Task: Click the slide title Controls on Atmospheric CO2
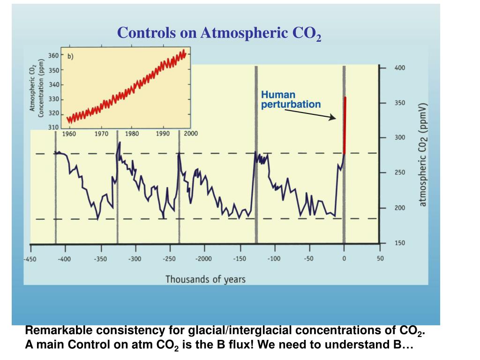coord(219,33)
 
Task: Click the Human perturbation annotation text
coord(291,99)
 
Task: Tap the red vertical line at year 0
coord(345,124)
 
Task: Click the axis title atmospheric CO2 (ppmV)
coord(422,154)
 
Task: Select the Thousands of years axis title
coord(205,279)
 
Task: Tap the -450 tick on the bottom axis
coord(31,259)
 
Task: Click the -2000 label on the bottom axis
coord(203,259)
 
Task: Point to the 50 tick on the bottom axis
coord(380,259)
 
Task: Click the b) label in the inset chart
coord(71,56)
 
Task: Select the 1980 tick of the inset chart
coord(132,134)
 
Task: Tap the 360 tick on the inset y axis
coord(53,56)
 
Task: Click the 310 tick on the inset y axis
coord(53,127)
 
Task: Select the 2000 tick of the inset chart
coord(190,134)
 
